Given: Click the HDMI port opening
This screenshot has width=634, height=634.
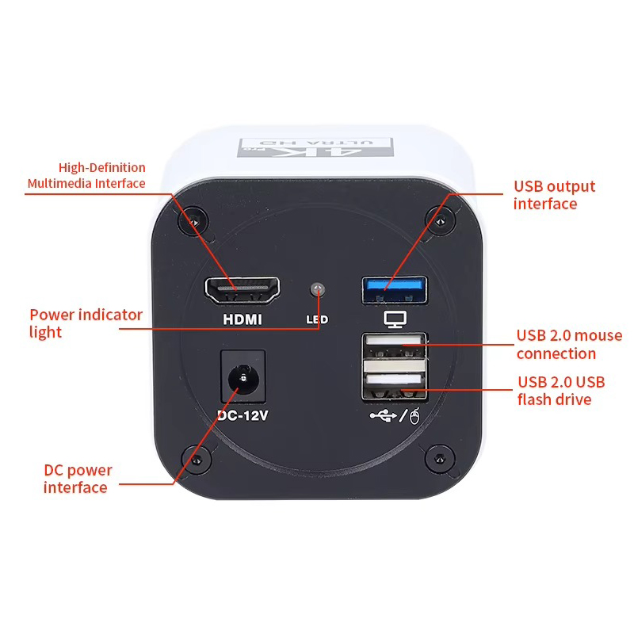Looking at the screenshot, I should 243,291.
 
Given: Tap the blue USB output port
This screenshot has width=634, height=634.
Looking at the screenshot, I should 394,289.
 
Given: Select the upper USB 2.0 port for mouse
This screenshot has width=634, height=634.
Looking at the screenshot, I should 394,346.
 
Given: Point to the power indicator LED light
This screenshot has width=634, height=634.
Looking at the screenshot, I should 319,288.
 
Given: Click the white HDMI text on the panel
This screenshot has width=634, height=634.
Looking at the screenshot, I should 243,320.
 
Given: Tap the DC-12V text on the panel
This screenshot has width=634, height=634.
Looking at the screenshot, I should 243,415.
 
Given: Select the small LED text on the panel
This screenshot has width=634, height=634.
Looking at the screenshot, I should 317,321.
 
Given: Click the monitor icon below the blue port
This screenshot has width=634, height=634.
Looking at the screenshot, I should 394,319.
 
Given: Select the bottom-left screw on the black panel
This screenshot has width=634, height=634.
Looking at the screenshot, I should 193,459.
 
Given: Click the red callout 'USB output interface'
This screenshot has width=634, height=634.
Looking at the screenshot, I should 554,195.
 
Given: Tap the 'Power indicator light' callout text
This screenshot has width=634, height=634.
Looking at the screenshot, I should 86,323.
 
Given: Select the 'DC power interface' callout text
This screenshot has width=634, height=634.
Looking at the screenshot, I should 78,479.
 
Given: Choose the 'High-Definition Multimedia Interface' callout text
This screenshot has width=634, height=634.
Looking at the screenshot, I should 86,176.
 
